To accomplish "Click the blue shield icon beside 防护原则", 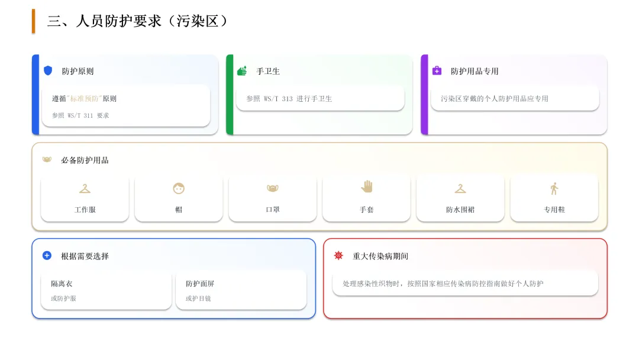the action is pos(48,70).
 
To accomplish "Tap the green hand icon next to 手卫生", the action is pos(242,71).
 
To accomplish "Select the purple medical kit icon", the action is pos(437,70).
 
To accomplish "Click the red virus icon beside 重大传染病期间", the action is pos(338,255).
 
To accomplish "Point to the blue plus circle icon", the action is pos(47,255).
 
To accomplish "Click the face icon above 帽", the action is pos(179,188).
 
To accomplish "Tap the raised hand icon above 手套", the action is pos(367,187).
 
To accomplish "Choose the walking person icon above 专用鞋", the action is pos(554,188).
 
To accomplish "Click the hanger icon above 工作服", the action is pos(85,188).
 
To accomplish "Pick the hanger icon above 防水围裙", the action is pos(460,188).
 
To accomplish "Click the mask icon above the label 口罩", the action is pos(273,188).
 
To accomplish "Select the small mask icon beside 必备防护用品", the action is pos(47,159).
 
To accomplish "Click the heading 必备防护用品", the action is pos(85,160).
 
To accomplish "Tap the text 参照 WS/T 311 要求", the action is pos(80,115).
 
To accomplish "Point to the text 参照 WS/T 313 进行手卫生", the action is pos(289,99).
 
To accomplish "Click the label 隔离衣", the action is pos(62,284).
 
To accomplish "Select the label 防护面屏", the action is pos(200,284).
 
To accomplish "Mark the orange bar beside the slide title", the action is pos(34,21).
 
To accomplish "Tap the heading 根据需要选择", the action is pos(85,256).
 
